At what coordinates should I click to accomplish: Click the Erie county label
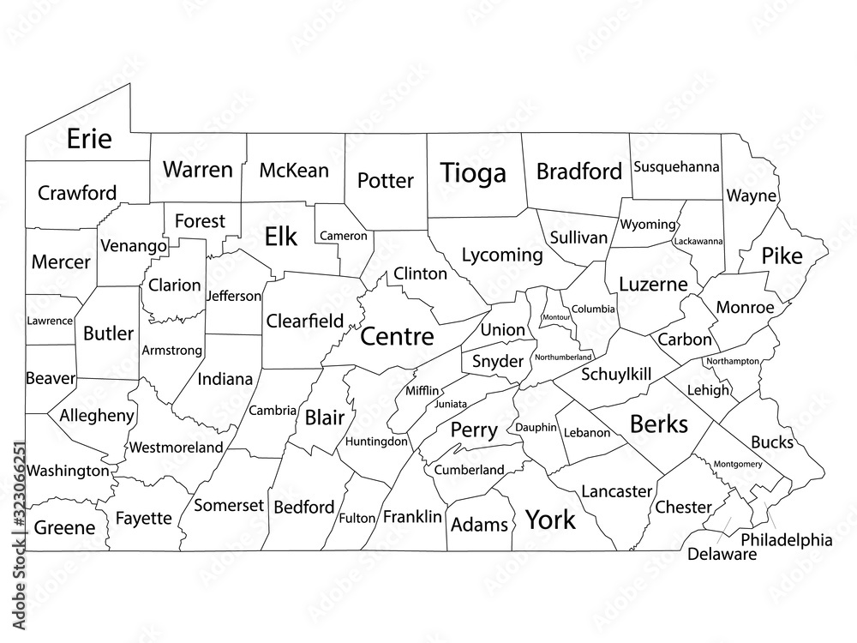pos(89,139)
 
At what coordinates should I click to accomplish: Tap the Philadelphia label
pos(786,540)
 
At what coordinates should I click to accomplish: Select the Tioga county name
pos(473,173)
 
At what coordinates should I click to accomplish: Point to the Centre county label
pos(397,336)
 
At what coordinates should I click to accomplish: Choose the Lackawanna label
pos(698,242)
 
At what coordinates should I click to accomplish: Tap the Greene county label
pos(64,528)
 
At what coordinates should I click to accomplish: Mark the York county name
pos(550,519)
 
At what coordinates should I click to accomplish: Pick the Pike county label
pos(782,255)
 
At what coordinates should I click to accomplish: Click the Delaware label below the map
pos(722,555)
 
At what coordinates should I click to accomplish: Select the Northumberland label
pos(563,357)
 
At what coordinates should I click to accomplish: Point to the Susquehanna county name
pos(676,166)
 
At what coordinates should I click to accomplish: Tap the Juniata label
pos(451,403)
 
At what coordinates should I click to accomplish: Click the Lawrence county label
pos(50,320)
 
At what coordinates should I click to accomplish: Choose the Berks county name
pos(659,423)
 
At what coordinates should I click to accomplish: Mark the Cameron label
pos(344,235)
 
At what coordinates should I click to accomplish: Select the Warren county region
pos(198,169)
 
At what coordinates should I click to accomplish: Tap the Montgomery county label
pos(737,464)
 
